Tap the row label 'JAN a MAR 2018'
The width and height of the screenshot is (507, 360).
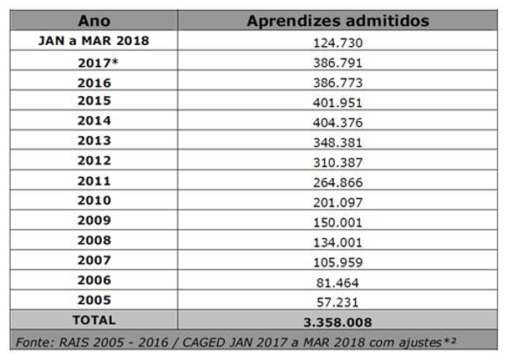94,41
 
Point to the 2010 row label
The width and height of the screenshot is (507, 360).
94,201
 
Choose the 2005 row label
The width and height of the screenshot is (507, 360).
94,301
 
